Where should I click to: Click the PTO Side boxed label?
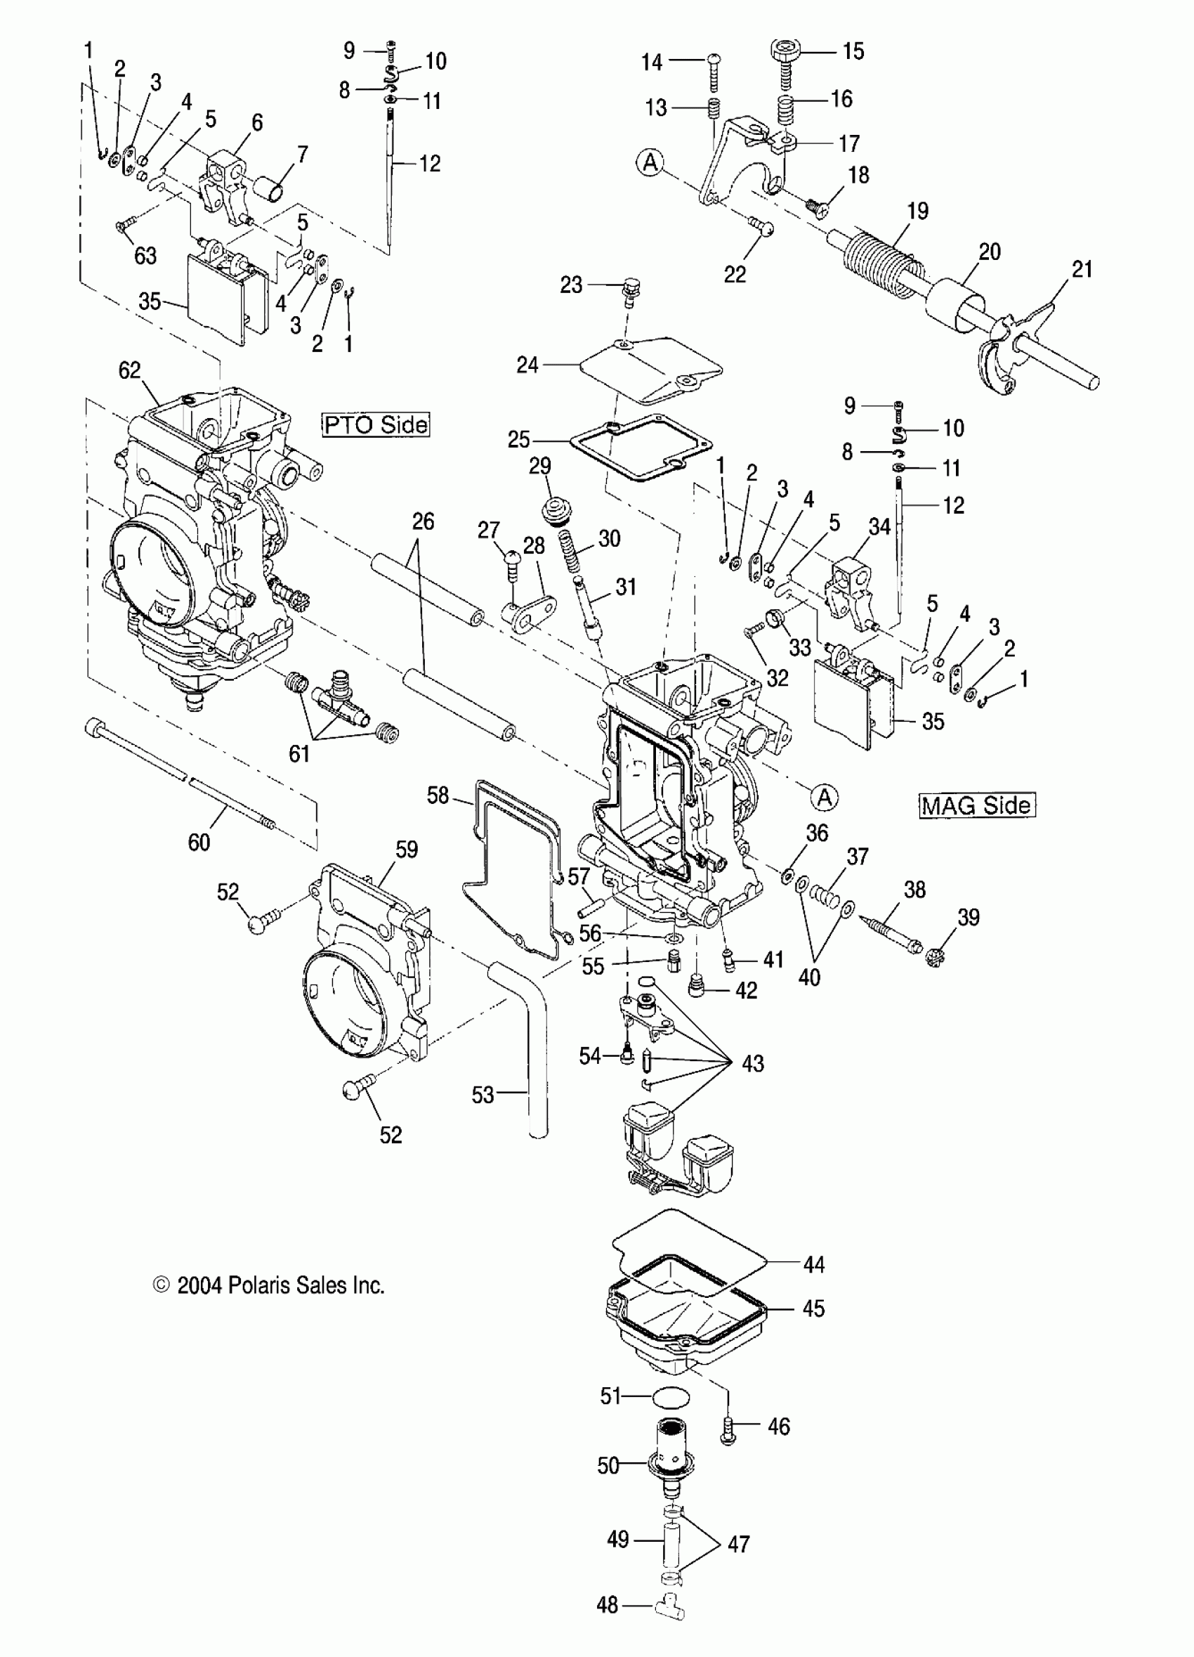pyautogui.click(x=376, y=424)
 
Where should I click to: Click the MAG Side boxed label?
pyautogui.click(x=977, y=805)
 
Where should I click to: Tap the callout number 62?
pyautogui.click(x=129, y=370)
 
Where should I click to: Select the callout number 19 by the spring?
pyautogui.click(x=917, y=211)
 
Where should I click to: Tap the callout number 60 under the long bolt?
pyautogui.click(x=199, y=843)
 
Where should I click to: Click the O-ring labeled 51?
pyautogui.click(x=669, y=1396)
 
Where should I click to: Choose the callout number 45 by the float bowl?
pyautogui.click(x=813, y=1308)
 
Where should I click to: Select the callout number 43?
pyautogui.click(x=752, y=1064)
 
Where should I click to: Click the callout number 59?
pyautogui.click(x=406, y=850)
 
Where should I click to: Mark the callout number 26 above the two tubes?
pyautogui.click(x=423, y=521)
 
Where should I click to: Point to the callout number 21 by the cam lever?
pyautogui.click(x=1082, y=270)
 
